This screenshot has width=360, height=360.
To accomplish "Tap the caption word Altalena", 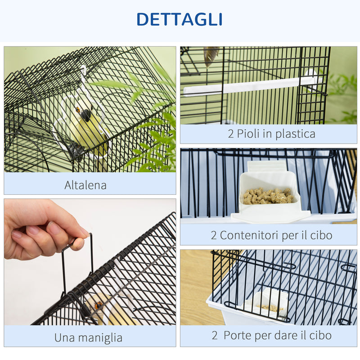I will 85,185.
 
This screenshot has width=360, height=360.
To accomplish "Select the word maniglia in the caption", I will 99,337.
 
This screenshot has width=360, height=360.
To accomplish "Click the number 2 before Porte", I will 215,335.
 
